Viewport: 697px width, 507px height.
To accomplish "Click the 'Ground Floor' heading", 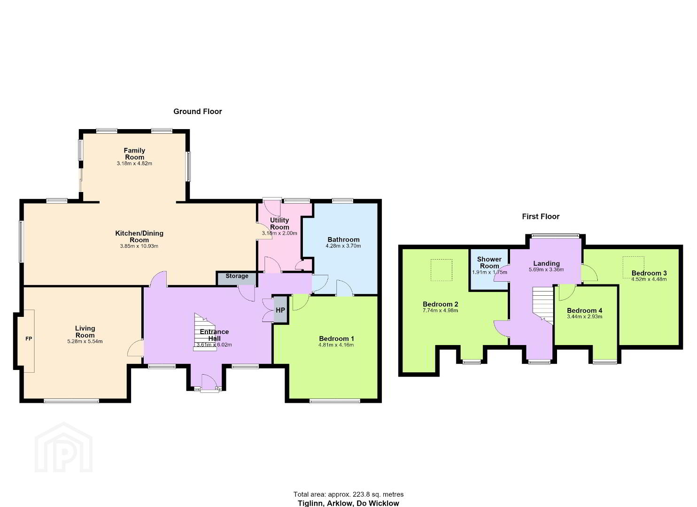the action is click(198, 111).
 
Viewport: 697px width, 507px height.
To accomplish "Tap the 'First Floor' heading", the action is click(541, 216).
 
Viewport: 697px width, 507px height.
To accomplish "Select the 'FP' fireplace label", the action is click(29, 339).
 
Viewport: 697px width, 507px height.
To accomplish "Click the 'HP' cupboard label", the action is click(280, 310).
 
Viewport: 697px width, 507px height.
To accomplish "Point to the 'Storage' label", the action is click(237, 276).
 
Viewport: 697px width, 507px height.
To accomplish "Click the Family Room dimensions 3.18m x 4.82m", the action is click(134, 164).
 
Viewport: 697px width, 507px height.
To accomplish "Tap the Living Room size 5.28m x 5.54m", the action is click(85, 342).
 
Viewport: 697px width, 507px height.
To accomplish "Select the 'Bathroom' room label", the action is click(343, 239).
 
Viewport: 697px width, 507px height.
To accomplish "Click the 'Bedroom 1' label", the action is click(336, 338).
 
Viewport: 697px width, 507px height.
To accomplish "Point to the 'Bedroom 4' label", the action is click(584, 310).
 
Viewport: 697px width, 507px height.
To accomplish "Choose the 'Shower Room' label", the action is click(489, 262).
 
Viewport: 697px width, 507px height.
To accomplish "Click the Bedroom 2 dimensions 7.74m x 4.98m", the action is click(440, 310).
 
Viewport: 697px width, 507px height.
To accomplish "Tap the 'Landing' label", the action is click(546, 263).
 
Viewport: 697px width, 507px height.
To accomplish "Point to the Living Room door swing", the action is click(136, 348).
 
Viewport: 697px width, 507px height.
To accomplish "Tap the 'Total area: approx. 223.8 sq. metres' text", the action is click(348, 494).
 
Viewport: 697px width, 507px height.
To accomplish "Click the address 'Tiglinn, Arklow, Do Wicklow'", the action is click(348, 503).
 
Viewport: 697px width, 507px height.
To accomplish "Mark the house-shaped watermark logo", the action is click(63, 447).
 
